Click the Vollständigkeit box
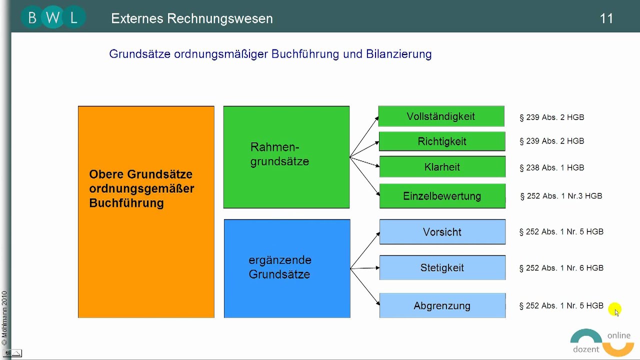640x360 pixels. [x=441, y=116]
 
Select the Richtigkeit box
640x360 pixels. [x=442, y=141]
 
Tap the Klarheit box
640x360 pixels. [x=442, y=167]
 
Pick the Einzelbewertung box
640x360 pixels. [x=442, y=196]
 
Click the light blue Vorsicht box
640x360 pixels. [x=442, y=232]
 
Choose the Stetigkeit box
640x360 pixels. [x=442, y=268]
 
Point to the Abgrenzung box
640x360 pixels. [x=442, y=305]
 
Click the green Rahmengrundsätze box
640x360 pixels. [x=286, y=157]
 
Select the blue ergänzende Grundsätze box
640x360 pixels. [x=286, y=268]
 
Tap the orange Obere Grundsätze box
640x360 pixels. [x=146, y=211]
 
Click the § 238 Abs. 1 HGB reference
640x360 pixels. [x=551, y=168]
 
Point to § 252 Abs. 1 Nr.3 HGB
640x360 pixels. [x=561, y=196]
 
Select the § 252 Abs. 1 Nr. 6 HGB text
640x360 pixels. [x=561, y=268]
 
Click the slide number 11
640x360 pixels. [x=606, y=19]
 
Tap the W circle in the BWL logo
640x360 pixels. [x=52, y=18]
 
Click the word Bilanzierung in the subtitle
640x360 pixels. [x=398, y=54]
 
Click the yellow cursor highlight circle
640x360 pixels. [x=614, y=309]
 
